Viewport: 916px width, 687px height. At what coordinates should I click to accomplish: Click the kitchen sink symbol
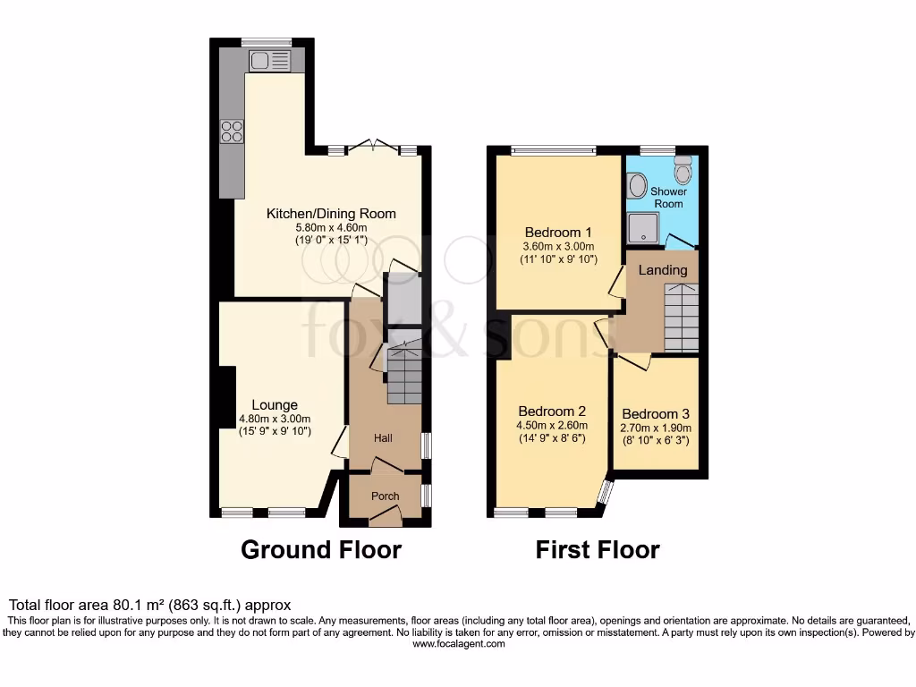(x=270, y=61)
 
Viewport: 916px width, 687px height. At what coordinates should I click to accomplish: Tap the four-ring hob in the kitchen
(x=232, y=131)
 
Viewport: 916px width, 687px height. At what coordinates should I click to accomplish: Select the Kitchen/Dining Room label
(x=331, y=214)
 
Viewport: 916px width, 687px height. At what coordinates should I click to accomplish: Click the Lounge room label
(x=275, y=405)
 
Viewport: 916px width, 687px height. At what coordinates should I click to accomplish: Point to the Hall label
(x=383, y=438)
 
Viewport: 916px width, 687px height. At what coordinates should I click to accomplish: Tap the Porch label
(x=385, y=496)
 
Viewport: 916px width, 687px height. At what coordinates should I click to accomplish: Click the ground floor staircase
(x=403, y=376)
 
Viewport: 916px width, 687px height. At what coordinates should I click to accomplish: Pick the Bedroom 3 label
(x=656, y=414)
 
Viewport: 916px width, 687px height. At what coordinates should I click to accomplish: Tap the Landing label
(x=663, y=270)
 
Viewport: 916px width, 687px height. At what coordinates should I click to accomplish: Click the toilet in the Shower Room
(x=683, y=169)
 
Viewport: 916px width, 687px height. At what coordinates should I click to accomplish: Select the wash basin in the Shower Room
(x=638, y=186)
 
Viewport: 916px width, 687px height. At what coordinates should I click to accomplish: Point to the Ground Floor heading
(x=321, y=549)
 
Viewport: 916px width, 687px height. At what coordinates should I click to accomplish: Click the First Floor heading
(x=598, y=549)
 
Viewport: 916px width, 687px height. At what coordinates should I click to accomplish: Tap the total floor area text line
(x=149, y=606)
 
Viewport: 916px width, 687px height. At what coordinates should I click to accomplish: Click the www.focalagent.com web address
(x=459, y=644)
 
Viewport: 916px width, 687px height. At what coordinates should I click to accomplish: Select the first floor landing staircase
(x=681, y=318)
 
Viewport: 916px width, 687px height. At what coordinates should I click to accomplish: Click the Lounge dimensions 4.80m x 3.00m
(x=275, y=420)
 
